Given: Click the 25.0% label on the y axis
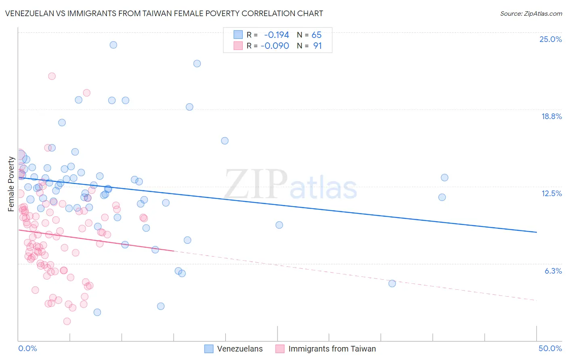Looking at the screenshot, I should pyautogui.click(x=550, y=39).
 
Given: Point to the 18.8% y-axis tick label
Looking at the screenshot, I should pyautogui.click(x=551, y=116).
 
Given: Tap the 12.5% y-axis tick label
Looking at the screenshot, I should pyautogui.click(x=551, y=193).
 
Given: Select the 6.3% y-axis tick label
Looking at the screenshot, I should pyautogui.click(x=553, y=271).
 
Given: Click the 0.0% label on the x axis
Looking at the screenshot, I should pyautogui.click(x=27, y=348).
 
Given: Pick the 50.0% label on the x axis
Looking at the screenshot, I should pyautogui.click(x=550, y=348).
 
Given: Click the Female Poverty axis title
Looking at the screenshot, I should pyautogui.click(x=11, y=184).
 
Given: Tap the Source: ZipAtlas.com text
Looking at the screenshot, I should pyautogui.click(x=531, y=13).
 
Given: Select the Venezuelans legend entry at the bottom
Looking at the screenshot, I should pyautogui.click(x=240, y=349).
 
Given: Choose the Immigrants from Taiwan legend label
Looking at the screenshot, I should pyautogui.click(x=332, y=349).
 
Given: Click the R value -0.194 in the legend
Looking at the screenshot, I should pyautogui.click(x=276, y=35).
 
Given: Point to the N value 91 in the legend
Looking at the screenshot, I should pyautogui.click(x=317, y=46).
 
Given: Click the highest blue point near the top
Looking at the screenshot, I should pyautogui.click(x=113, y=45).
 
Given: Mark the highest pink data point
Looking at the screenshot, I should pyautogui.click(x=52, y=76).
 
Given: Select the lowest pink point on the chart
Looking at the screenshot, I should pyautogui.click(x=67, y=321).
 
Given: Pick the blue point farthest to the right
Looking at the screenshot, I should pyautogui.click(x=444, y=178).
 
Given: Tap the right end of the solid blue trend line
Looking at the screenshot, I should pyautogui.click(x=536, y=232).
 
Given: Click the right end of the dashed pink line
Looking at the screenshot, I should pyautogui.click(x=536, y=300).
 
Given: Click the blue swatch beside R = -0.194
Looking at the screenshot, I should pyautogui.click(x=238, y=35).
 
